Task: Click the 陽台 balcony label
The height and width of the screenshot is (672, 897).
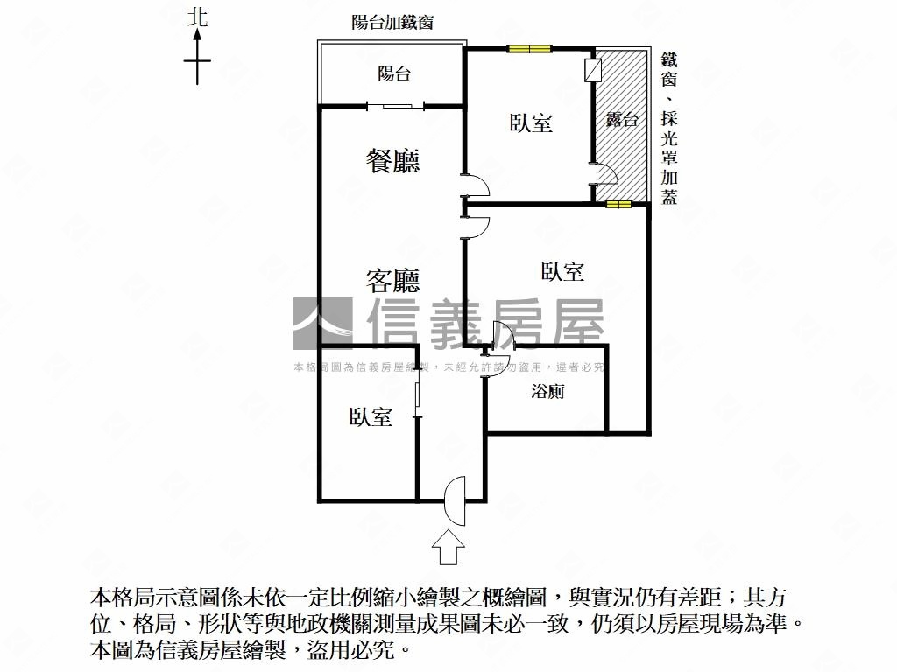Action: point(394,73)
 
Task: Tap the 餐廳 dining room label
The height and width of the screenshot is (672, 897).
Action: point(393,161)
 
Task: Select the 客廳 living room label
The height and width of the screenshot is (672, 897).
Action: point(393,280)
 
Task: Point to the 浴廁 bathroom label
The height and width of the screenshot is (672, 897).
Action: point(547,391)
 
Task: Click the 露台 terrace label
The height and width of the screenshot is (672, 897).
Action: point(622,119)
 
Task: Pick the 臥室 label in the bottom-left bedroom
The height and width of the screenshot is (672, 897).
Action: point(371,416)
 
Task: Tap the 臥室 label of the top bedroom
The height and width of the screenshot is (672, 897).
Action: point(531,122)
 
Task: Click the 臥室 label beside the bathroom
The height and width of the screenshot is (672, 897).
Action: point(563,271)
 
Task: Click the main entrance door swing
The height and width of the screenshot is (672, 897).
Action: point(455,500)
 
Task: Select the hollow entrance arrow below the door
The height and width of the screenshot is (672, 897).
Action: point(448,548)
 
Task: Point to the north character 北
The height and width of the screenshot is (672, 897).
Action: point(197,17)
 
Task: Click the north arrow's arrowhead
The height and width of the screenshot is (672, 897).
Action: point(197,35)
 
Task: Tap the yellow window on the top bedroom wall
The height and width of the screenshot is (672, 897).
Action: point(529,49)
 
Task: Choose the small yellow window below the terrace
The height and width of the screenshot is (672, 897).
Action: point(618,204)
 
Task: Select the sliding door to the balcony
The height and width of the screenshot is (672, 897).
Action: point(396,105)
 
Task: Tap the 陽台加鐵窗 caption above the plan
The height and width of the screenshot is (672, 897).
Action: point(392,22)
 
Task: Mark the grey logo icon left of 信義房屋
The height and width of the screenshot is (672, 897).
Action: point(322,324)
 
